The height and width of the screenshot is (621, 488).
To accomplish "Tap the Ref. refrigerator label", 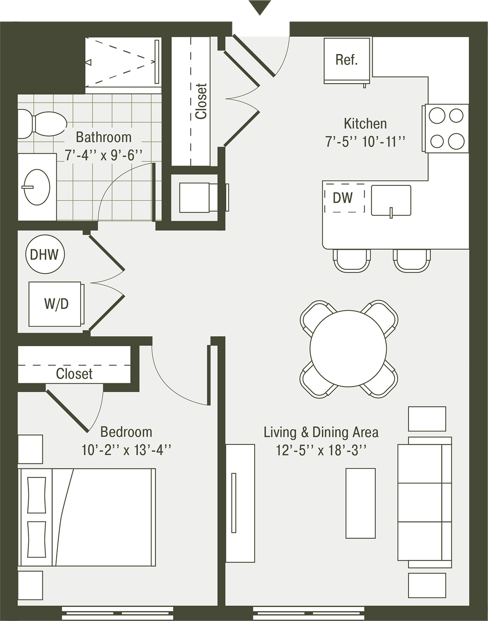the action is (346, 60).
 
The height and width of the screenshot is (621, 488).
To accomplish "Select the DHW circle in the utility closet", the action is (45, 255).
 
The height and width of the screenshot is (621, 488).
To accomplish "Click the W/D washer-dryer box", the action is (57, 304).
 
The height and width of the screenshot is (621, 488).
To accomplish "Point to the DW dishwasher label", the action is (343, 198).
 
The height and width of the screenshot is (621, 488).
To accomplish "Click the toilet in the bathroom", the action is (42, 124).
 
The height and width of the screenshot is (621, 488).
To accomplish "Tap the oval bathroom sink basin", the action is (36, 187).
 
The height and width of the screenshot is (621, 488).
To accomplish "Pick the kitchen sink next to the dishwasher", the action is (391, 201).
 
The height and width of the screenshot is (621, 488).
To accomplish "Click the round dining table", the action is (348, 348).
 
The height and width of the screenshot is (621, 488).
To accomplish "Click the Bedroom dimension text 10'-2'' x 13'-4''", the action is (126, 450).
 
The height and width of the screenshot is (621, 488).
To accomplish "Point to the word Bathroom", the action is (103, 137).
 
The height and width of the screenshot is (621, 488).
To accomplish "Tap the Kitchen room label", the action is (365, 124).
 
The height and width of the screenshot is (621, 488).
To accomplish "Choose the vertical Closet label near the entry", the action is (201, 101).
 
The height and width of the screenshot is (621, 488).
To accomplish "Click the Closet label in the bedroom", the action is (74, 374).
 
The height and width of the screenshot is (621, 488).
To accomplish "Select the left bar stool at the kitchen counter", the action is (352, 260).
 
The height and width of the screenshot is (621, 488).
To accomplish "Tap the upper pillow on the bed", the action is (36, 495).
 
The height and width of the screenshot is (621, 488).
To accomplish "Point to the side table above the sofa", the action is (427, 419).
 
